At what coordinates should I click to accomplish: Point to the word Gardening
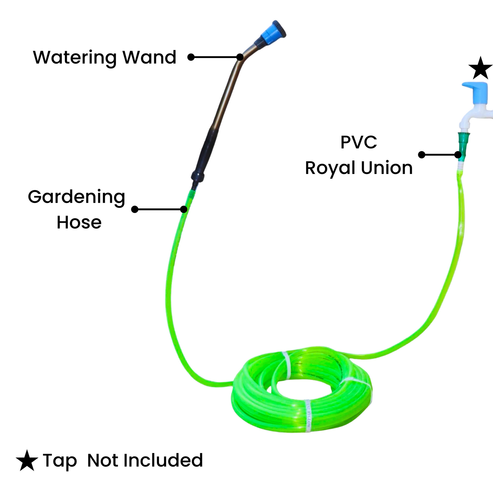click(x=76, y=197)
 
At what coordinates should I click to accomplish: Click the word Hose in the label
click(x=79, y=222)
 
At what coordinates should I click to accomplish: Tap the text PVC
click(x=359, y=142)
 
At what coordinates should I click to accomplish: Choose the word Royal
click(x=330, y=168)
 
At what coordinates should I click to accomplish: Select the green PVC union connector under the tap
click(x=463, y=145)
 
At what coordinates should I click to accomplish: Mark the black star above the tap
click(x=480, y=68)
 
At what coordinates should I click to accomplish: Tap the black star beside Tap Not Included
click(x=27, y=461)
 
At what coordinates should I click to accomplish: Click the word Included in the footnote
click(x=163, y=460)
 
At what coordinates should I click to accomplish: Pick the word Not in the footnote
click(x=102, y=460)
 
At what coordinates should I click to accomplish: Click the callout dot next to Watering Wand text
click(x=191, y=57)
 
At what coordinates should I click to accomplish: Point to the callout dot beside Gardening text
click(x=135, y=209)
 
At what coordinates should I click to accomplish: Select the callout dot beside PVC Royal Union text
click(x=422, y=155)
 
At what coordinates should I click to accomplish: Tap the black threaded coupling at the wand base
click(x=198, y=177)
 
